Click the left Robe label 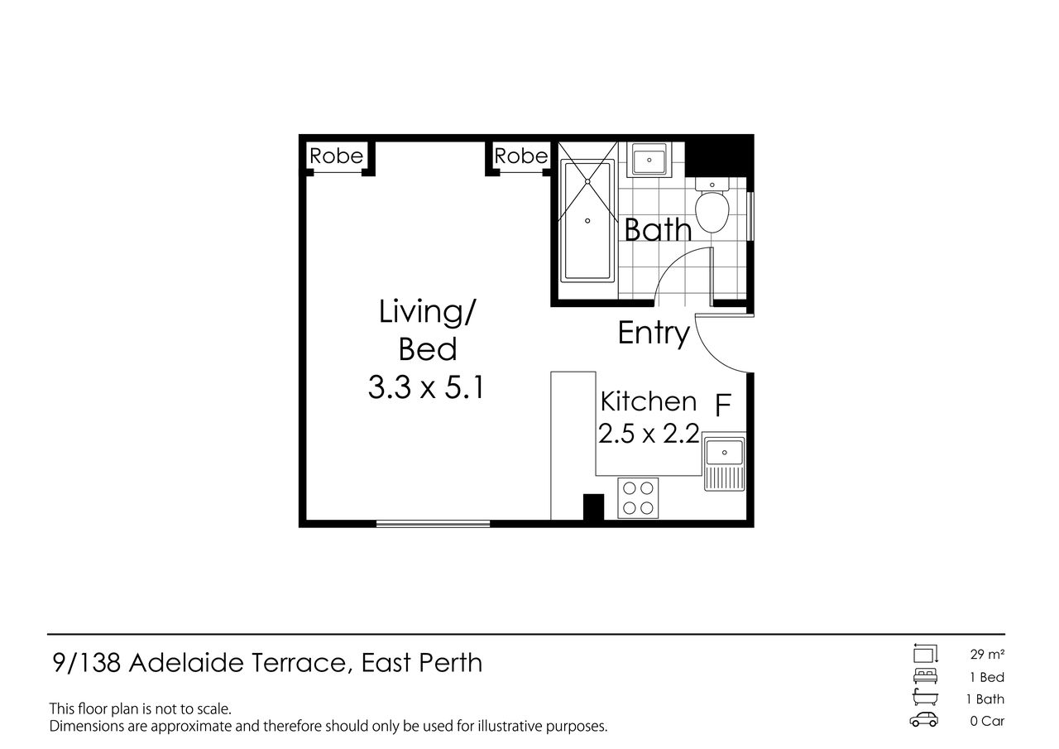coord(336,156)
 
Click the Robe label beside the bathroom coord(520,156)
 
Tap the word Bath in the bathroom coord(658,229)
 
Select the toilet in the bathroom coord(712,206)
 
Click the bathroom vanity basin coord(649,160)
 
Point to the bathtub coord(587,221)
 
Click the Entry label coord(654,334)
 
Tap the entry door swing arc coord(709,355)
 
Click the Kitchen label coord(649,401)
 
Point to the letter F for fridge coord(723,405)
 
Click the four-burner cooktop coord(638,498)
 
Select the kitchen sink coord(724,462)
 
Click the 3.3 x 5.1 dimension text coord(426,387)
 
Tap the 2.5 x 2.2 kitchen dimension coord(649,434)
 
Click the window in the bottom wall coord(433,523)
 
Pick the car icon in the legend coord(924,721)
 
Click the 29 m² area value coord(987,655)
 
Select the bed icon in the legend coord(925,676)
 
